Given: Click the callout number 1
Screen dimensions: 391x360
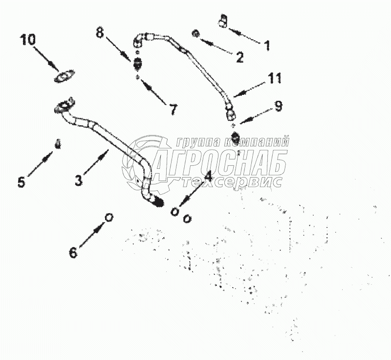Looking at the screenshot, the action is click(x=267, y=46).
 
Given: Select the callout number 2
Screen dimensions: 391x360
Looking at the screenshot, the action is click(x=239, y=57).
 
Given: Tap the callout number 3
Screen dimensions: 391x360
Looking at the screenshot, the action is click(x=79, y=180).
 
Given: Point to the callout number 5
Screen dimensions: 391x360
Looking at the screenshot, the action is click(x=21, y=182).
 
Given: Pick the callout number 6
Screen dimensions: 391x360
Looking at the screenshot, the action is click(x=73, y=252).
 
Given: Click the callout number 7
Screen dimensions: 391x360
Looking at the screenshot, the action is click(x=173, y=110).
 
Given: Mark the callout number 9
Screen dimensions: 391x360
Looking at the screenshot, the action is click(x=278, y=106).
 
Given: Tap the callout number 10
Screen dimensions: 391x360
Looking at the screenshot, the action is click(x=28, y=39).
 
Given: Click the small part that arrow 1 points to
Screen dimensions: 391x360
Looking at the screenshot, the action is click(x=223, y=22).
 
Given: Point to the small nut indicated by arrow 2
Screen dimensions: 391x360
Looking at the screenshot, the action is click(x=195, y=33).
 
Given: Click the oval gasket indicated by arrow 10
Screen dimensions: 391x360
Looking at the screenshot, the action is click(x=65, y=76).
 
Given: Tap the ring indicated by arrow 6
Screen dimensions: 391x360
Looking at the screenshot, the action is click(x=109, y=217).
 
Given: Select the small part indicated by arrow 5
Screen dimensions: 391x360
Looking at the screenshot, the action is click(x=58, y=144).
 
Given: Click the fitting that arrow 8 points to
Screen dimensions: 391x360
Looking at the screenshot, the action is click(x=138, y=63).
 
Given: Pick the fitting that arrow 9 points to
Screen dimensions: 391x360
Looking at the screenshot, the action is click(x=236, y=136).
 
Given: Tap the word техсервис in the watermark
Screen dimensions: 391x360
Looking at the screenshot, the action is click(x=232, y=182).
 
